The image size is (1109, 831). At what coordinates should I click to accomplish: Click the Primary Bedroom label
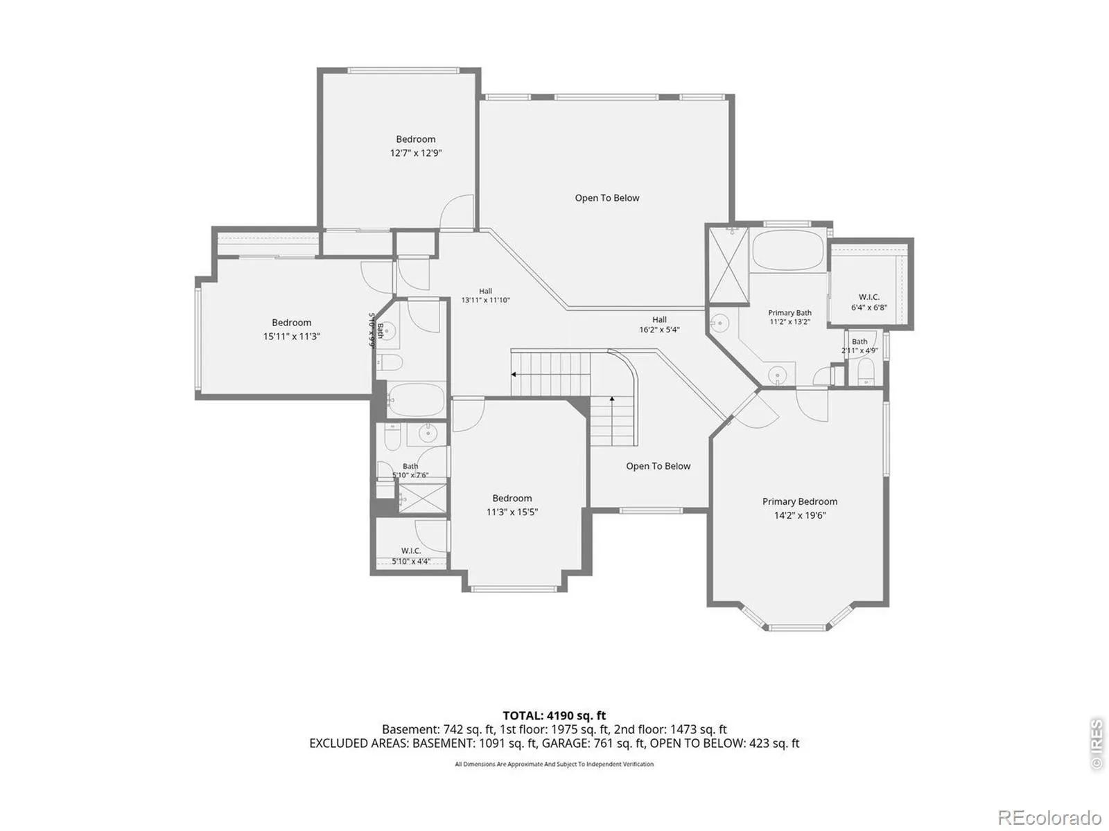(x=799, y=501)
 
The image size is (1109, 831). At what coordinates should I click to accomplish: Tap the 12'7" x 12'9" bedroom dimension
(x=415, y=153)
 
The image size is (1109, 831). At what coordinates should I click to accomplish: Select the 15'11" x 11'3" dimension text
(x=292, y=337)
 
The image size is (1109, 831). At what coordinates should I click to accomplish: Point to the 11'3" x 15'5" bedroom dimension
(x=512, y=512)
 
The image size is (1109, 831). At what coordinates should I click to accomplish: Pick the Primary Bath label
(x=789, y=313)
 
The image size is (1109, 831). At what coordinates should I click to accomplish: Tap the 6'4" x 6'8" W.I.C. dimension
(x=869, y=307)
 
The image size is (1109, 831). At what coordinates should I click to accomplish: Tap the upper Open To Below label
(x=606, y=198)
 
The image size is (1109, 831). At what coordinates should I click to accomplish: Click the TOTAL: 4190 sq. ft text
(x=554, y=715)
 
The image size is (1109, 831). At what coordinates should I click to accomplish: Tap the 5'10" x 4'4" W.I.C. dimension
(x=411, y=561)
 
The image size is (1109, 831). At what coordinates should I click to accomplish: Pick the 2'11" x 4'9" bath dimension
(x=859, y=350)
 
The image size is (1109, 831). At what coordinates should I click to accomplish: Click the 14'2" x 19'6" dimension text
(x=800, y=516)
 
